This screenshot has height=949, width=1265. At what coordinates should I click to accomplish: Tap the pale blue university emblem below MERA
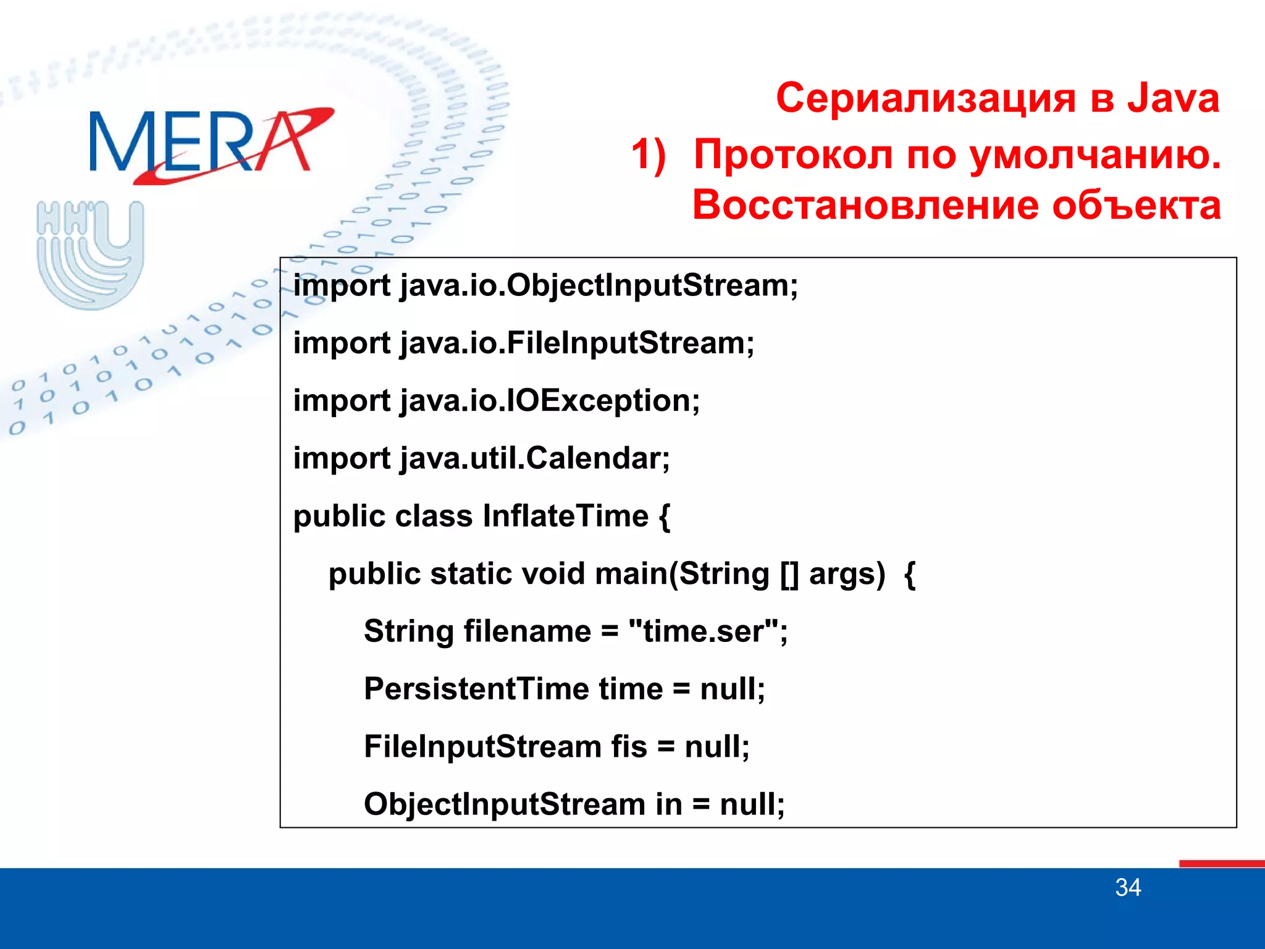coord(90,253)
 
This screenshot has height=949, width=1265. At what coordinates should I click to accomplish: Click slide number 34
coord(1128,888)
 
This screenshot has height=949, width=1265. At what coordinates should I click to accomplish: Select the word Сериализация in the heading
coord(926,99)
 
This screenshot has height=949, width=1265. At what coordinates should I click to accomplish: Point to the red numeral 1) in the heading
coord(649,154)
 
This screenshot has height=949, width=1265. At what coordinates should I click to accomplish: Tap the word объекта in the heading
coord(1137,205)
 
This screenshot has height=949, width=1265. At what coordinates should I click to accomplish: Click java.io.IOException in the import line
coord(549,401)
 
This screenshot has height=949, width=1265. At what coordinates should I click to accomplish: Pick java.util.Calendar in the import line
coord(534,458)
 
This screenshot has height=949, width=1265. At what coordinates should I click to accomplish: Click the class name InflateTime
coord(565,516)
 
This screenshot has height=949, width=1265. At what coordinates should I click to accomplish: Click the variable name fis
coord(629,746)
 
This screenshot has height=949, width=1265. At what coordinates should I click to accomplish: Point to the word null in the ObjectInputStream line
coord(750,804)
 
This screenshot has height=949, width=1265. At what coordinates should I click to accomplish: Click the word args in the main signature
coord(846,574)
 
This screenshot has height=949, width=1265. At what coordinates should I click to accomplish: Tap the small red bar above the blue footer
coord(1221,863)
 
